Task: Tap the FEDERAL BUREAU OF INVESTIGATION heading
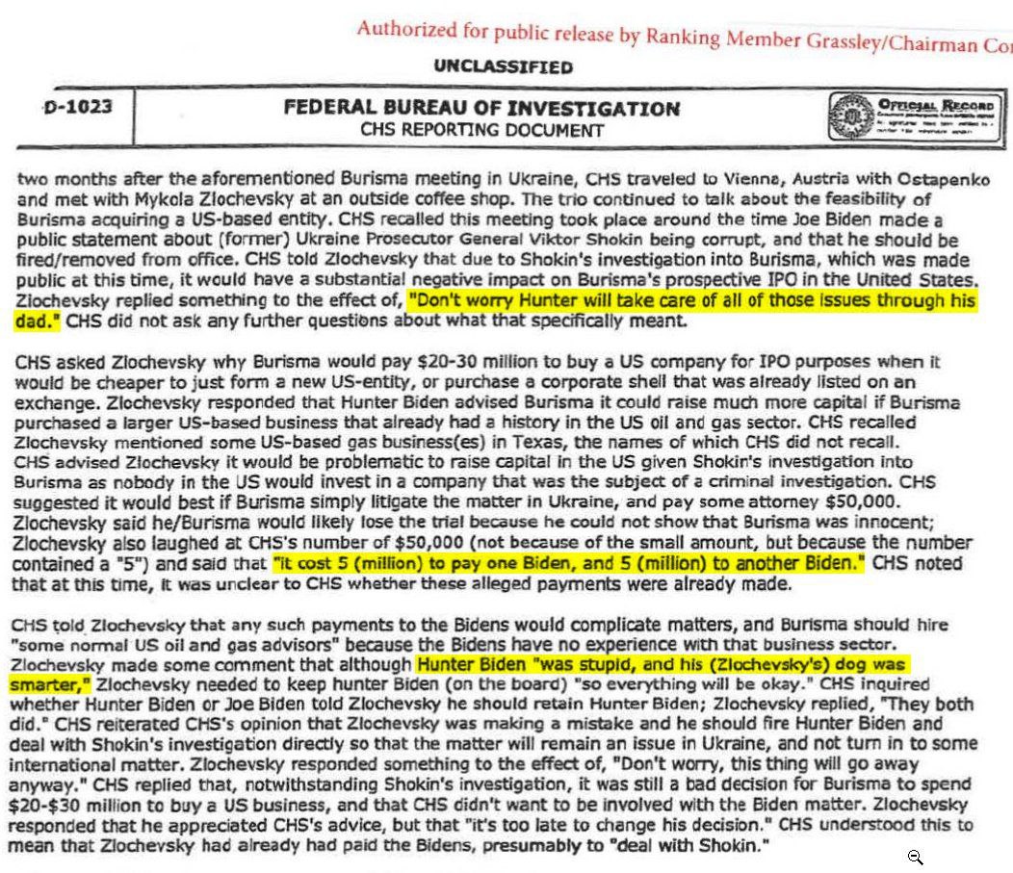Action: tap(481, 109)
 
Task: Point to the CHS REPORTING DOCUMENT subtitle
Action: tap(481, 130)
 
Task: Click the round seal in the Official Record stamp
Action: tap(846, 116)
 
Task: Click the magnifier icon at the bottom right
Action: tap(915, 856)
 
